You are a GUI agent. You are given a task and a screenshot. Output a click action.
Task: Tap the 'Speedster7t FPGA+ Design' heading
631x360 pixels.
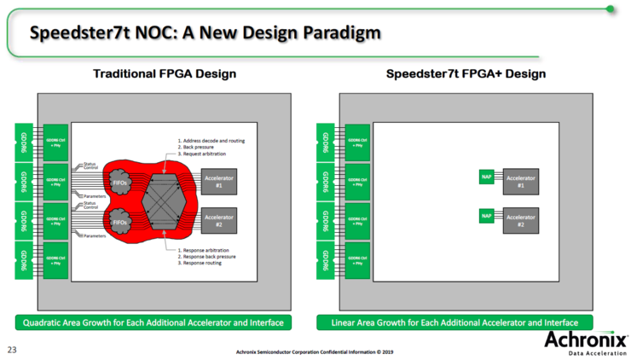pyautogui.click(x=466, y=75)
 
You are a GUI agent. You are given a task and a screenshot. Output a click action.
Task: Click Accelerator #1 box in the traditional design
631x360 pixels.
pyautogui.click(x=219, y=181)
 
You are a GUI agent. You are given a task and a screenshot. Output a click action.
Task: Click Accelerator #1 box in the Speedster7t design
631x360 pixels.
pyautogui.click(x=520, y=181)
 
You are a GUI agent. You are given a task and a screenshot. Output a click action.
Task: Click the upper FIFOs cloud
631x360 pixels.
pyautogui.click(x=121, y=182)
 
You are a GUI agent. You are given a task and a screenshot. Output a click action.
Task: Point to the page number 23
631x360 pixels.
pyautogui.click(x=13, y=349)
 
